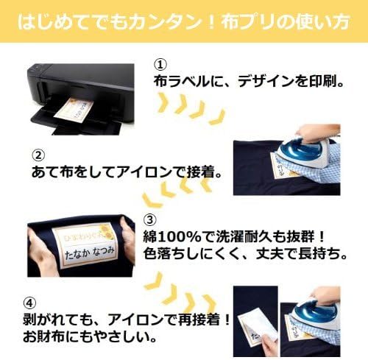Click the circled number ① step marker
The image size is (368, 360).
[x=160, y=65]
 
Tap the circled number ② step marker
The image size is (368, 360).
[x=38, y=155]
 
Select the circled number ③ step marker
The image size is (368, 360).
[x=149, y=220]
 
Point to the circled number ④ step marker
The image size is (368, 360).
[x=29, y=303]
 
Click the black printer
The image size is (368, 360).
[x=81, y=99]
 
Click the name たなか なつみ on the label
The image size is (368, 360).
[x=90, y=253]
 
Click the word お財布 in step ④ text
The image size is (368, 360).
[x=44, y=337]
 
